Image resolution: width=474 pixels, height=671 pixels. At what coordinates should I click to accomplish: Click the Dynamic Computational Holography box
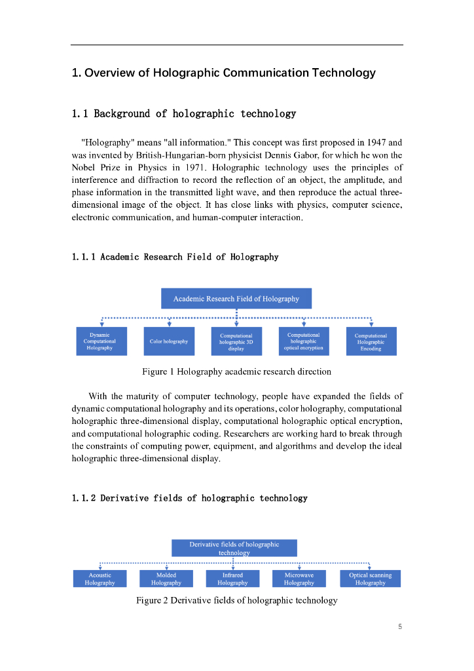pyautogui.click(x=100, y=341)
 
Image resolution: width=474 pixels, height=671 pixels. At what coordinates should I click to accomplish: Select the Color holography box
pyautogui.click(x=169, y=341)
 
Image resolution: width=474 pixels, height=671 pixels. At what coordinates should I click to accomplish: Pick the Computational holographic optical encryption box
pyautogui.click(x=304, y=341)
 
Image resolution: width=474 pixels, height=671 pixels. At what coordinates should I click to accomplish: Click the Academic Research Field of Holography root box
pyautogui.click(x=236, y=299)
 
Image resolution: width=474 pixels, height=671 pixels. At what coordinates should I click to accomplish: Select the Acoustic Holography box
pyautogui.click(x=100, y=579)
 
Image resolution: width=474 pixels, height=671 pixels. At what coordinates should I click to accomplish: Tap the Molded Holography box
pyautogui.click(x=166, y=579)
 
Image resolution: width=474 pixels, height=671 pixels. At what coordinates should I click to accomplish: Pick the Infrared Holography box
pyautogui.click(x=233, y=579)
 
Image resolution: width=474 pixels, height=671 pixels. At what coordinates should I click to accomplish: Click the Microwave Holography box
pyautogui.click(x=299, y=579)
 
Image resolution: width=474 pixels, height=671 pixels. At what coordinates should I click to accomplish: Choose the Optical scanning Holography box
pyautogui.click(x=371, y=579)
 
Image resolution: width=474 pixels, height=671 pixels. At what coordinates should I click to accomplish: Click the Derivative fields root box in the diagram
pyautogui.click(x=234, y=548)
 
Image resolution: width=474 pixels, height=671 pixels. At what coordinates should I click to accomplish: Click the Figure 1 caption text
pyautogui.click(x=236, y=372)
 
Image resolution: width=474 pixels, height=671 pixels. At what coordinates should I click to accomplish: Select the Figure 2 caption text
pyautogui.click(x=236, y=600)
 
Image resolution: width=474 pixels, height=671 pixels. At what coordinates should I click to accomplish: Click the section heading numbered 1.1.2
pyautogui.click(x=189, y=498)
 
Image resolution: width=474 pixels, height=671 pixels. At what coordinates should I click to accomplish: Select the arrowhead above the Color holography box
pyautogui.click(x=170, y=323)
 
